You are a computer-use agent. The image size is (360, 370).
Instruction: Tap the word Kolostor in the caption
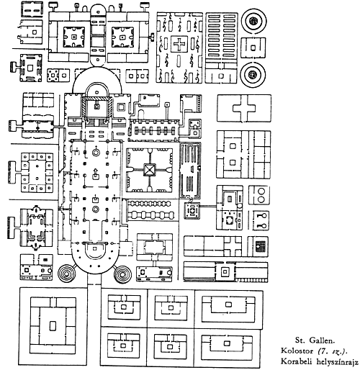[297, 351]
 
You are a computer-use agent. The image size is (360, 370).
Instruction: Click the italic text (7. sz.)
[333, 351]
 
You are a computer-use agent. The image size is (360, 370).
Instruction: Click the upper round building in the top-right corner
[253, 21]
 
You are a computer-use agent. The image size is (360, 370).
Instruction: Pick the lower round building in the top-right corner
[253, 74]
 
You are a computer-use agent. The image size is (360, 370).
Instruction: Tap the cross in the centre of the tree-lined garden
[179, 44]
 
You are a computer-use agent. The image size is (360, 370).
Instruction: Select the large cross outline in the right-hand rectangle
[244, 108]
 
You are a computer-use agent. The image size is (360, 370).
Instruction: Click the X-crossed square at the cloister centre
[150, 170]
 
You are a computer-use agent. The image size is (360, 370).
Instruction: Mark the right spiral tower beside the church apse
[122, 274]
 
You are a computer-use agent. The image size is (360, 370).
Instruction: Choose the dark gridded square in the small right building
[260, 246]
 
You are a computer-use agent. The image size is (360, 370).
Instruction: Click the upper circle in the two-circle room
[261, 191]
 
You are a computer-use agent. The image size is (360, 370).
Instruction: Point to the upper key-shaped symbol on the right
[261, 216]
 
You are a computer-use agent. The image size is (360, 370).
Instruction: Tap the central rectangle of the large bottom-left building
[53, 325]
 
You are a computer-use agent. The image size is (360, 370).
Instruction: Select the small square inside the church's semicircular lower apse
[94, 248]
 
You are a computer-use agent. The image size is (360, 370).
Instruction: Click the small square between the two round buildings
[253, 48]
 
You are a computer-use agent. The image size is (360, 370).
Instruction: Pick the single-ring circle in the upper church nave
[96, 152]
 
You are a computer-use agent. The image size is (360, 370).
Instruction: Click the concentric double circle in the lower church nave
[96, 209]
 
